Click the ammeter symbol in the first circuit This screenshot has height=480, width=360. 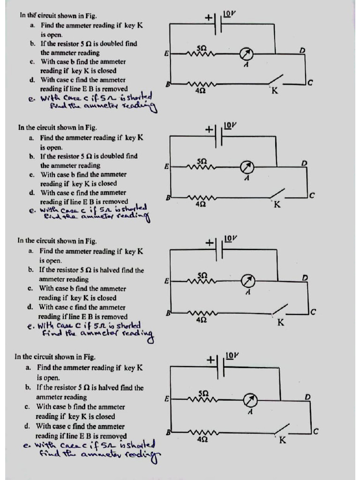[x=246, y=53]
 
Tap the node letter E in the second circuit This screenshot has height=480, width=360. [x=166, y=166]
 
